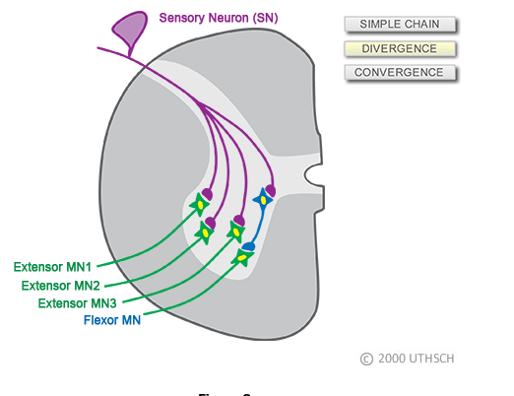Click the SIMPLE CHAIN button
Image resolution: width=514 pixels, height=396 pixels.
tap(401, 24)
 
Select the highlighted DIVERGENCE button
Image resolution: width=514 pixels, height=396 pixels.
tap(401, 48)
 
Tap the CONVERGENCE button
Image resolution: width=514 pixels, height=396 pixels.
tap(401, 73)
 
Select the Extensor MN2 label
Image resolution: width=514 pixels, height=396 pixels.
tap(62, 286)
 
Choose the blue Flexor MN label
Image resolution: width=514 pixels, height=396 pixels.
tap(112, 320)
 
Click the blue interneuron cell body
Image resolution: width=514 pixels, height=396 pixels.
tap(263, 200)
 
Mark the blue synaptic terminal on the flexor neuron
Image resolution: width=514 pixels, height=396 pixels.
tap(250, 246)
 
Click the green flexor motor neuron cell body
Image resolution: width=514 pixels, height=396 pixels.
tap(242, 259)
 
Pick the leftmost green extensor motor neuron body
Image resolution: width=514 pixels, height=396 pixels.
tap(200, 205)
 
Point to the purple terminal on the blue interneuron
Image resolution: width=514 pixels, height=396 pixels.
tap(270, 190)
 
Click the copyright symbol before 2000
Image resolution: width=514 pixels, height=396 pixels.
tap(366, 360)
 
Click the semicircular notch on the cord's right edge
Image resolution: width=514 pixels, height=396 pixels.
tap(313, 175)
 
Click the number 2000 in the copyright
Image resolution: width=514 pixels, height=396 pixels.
tap(391, 360)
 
